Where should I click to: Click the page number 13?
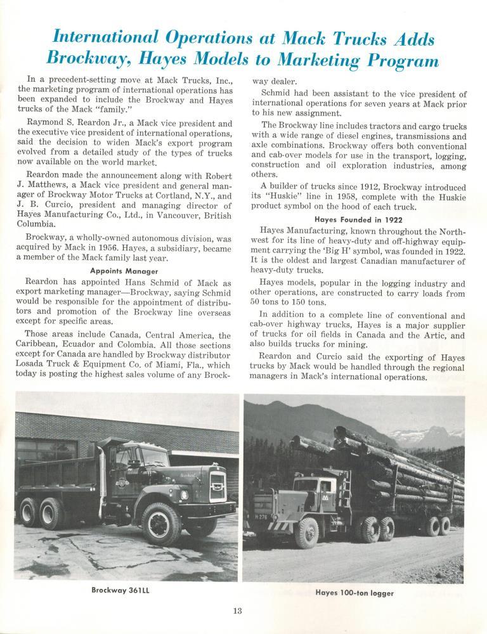click(x=237, y=611)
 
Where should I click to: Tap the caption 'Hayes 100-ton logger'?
click(x=354, y=593)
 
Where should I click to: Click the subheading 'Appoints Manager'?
click(x=125, y=269)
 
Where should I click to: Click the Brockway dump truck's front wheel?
click(x=161, y=523)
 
